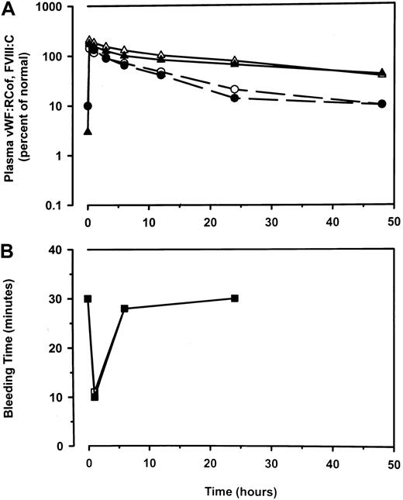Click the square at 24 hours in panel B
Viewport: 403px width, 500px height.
235,298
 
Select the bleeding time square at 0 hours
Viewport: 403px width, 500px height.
88,298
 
